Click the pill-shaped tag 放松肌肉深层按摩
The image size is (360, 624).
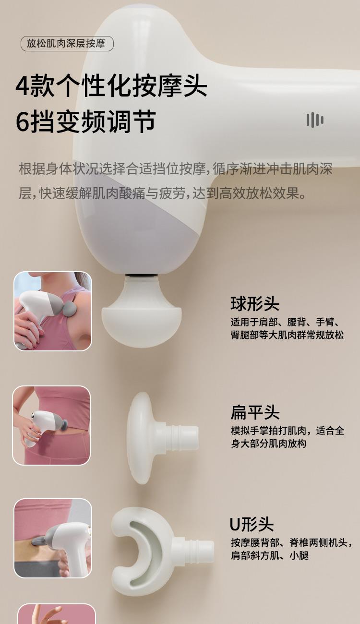click(67, 44)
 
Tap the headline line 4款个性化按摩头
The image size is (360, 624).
click(111, 85)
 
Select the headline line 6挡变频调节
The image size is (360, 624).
click(85, 121)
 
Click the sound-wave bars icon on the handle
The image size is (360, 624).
click(315, 120)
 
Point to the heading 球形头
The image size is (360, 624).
click(255, 303)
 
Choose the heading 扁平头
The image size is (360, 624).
click(255, 412)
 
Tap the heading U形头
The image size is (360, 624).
click(252, 524)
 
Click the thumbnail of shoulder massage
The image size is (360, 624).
click(53, 311)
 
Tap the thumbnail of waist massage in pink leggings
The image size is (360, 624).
click(51, 425)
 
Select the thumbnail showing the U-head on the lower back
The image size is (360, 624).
click(53, 538)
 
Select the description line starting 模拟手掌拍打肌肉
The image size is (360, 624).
click(288, 431)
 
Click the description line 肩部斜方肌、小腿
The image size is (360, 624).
click(270, 555)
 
